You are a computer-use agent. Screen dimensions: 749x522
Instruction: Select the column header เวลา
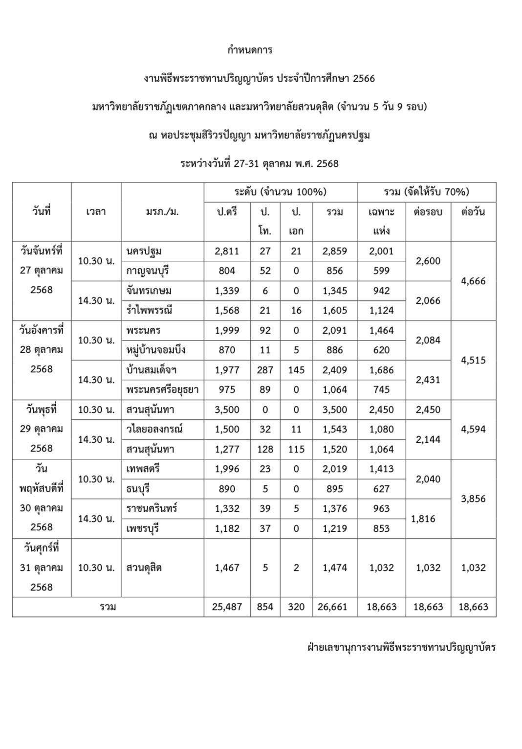(96, 212)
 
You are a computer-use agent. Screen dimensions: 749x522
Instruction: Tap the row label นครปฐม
(144, 251)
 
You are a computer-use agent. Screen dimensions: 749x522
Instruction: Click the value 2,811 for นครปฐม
(227, 251)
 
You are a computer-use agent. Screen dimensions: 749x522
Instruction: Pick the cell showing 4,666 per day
(473, 281)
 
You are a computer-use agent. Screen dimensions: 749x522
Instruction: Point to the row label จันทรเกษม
(149, 291)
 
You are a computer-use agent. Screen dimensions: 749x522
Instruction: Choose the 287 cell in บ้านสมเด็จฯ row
(265, 370)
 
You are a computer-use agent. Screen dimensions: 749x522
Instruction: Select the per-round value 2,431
(428, 380)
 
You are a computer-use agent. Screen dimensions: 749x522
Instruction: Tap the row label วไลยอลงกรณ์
(154, 429)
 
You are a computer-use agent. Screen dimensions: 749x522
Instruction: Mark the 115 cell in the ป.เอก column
(296, 449)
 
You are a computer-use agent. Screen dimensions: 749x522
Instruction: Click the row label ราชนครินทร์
(152, 508)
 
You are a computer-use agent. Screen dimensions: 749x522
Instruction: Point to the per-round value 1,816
(424, 519)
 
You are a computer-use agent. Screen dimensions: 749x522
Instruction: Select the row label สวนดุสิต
(144, 567)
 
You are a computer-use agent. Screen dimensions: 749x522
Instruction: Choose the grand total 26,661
(335, 607)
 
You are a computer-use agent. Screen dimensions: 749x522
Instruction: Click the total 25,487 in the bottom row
(227, 607)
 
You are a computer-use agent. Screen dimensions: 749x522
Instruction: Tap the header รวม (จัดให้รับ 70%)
(426, 192)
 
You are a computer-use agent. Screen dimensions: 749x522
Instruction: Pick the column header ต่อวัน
(473, 212)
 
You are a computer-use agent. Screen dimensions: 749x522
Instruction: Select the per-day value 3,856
(473, 499)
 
